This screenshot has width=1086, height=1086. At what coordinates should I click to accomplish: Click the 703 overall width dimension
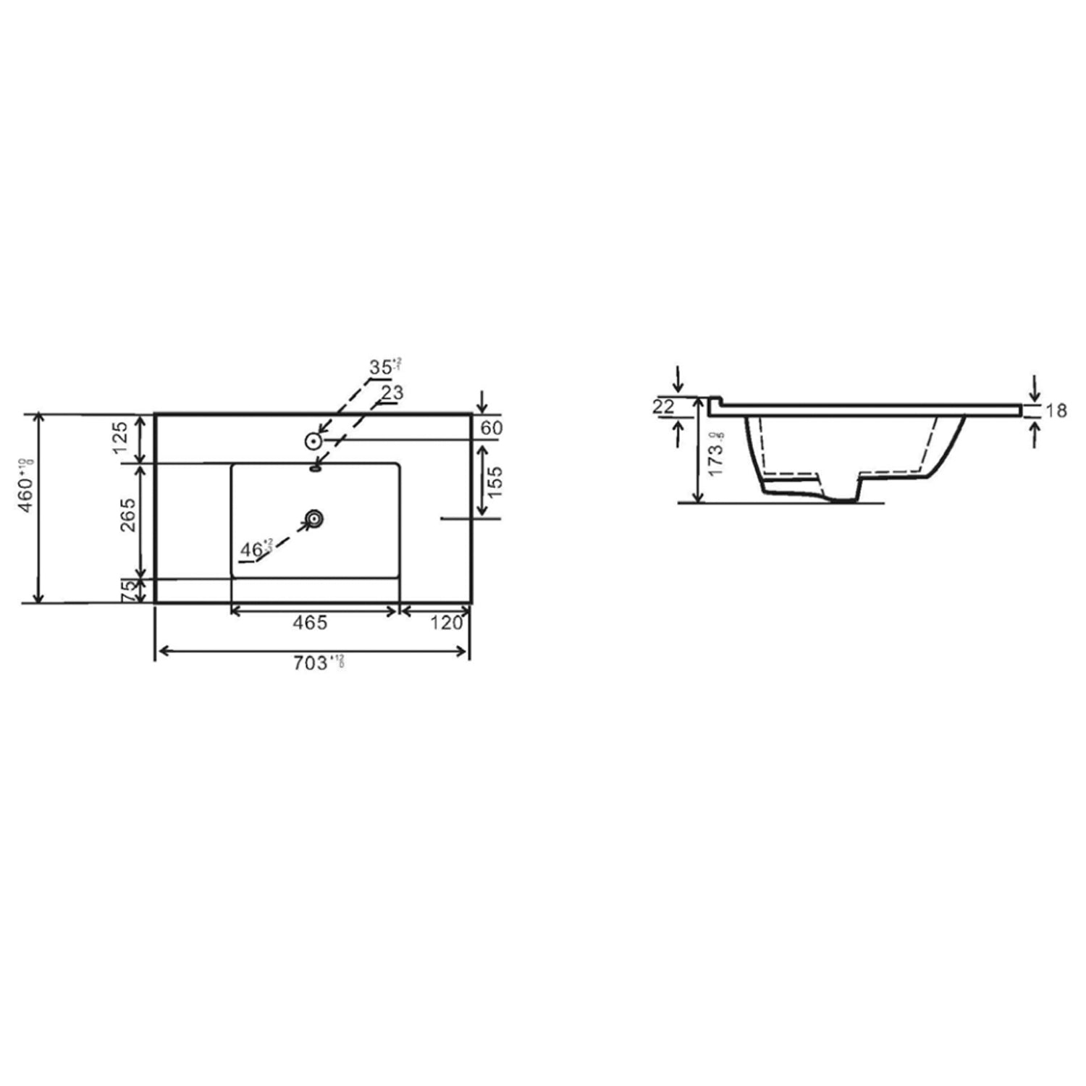pos(312,664)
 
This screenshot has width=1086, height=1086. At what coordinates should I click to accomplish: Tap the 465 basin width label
pos(310,623)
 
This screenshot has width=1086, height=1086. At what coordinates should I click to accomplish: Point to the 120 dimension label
pos(446,623)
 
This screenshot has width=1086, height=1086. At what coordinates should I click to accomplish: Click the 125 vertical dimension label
pos(120,438)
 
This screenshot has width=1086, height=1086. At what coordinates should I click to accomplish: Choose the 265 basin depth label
pos(127,515)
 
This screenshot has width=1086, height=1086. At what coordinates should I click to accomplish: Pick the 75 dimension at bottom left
pos(127,591)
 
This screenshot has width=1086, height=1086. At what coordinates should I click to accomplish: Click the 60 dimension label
pos(491,428)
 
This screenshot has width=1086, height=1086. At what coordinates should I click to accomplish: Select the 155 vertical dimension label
pos(494,482)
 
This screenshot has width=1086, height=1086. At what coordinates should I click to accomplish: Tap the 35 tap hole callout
pos(382,367)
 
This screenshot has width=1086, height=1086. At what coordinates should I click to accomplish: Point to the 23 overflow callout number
pos(392,393)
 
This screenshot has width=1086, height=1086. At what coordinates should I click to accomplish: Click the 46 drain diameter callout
pos(253,550)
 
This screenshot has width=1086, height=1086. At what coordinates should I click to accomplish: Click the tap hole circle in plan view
pos(313,440)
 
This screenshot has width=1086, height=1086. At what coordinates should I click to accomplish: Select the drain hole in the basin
pos(313,518)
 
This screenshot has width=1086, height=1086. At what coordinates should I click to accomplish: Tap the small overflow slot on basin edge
pos(315,468)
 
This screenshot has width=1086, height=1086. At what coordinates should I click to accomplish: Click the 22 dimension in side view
pos(663,407)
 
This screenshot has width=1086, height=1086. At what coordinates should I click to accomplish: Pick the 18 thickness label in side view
pos(1056,411)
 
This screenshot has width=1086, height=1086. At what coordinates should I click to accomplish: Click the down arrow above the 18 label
pos(1035,388)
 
